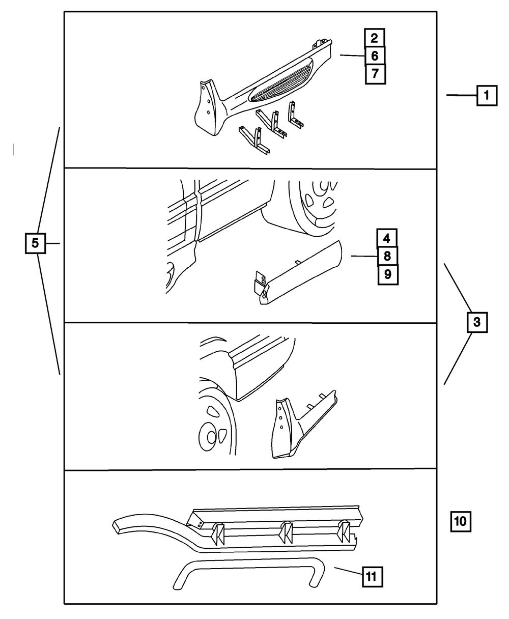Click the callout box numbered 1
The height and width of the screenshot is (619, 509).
(x=487, y=95)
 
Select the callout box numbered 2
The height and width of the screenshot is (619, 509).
(x=374, y=38)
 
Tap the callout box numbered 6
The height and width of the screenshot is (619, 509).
(x=374, y=55)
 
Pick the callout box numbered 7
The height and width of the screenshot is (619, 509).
(x=375, y=74)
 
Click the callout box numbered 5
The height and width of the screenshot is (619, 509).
(x=35, y=243)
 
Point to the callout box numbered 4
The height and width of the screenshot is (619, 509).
(x=387, y=238)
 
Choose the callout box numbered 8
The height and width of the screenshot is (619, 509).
(x=387, y=257)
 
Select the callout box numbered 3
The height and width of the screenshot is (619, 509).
(x=476, y=322)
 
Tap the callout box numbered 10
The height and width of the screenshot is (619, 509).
(x=460, y=521)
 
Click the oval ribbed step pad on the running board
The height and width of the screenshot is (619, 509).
(x=280, y=81)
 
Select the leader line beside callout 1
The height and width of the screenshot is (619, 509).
(x=461, y=95)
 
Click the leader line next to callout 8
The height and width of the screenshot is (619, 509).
(x=363, y=257)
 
